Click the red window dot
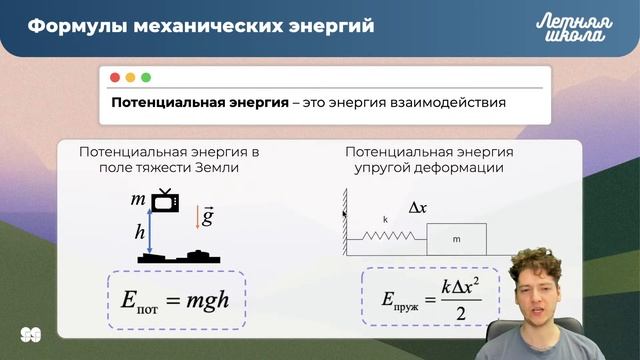(x=115, y=77)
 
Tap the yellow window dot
(x=130, y=77)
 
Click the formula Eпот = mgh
(x=175, y=299)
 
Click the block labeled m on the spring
(x=456, y=239)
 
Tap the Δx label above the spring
(x=419, y=208)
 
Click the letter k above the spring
(x=384, y=219)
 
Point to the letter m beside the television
(x=138, y=200)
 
